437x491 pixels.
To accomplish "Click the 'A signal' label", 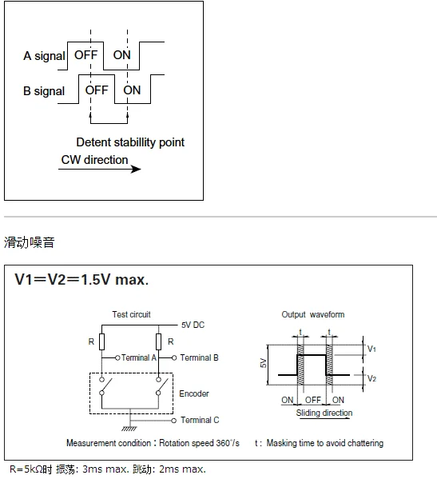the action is [44, 56].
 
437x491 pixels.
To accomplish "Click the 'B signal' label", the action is [44, 91].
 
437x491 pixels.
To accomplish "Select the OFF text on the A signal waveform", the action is [85, 55].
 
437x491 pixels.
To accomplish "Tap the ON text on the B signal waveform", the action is [132, 90].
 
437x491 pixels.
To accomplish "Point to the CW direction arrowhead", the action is [136, 169].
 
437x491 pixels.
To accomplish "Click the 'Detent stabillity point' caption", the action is [130, 142].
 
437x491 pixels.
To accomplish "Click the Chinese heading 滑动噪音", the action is [29, 242].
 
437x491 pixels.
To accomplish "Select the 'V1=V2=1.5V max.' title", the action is [81, 279].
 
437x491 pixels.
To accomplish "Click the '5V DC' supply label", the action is [193, 325].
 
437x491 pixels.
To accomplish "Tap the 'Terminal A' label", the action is [138, 357].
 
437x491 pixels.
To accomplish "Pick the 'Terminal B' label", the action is [199, 357].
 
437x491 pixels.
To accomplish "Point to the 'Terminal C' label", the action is [200, 420].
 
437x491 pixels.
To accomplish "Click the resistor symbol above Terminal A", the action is [101, 341].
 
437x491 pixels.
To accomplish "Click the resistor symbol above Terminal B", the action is [159, 341].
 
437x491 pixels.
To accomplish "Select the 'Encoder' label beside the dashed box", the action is [194, 393].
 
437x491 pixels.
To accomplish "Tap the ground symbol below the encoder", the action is [129, 429].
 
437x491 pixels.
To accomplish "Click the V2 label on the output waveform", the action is [371, 378].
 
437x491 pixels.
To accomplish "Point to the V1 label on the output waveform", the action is [371, 349].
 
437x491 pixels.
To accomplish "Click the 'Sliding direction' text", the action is [324, 413].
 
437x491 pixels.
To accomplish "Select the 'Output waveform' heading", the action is [313, 314].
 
